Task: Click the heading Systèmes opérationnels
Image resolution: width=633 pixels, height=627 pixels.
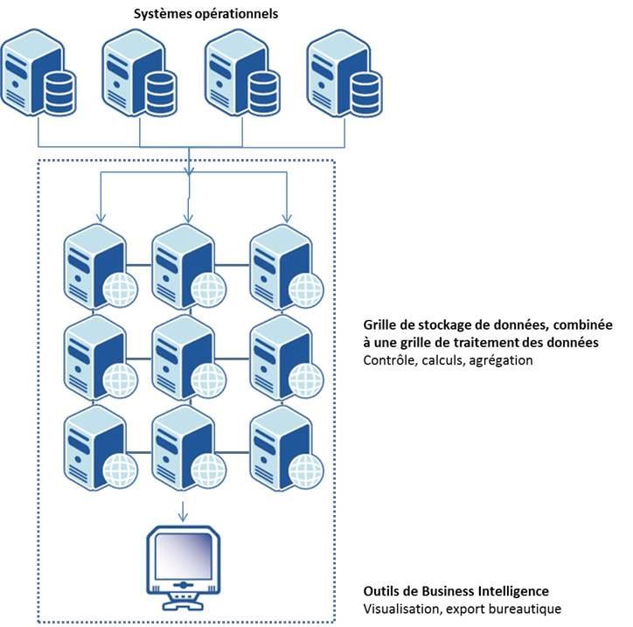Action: [x=205, y=14]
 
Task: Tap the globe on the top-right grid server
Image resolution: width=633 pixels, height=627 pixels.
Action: [x=307, y=289]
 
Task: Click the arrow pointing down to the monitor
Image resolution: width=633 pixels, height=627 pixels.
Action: [x=183, y=509]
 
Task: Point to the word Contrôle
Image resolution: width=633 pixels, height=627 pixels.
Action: [x=388, y=360]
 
